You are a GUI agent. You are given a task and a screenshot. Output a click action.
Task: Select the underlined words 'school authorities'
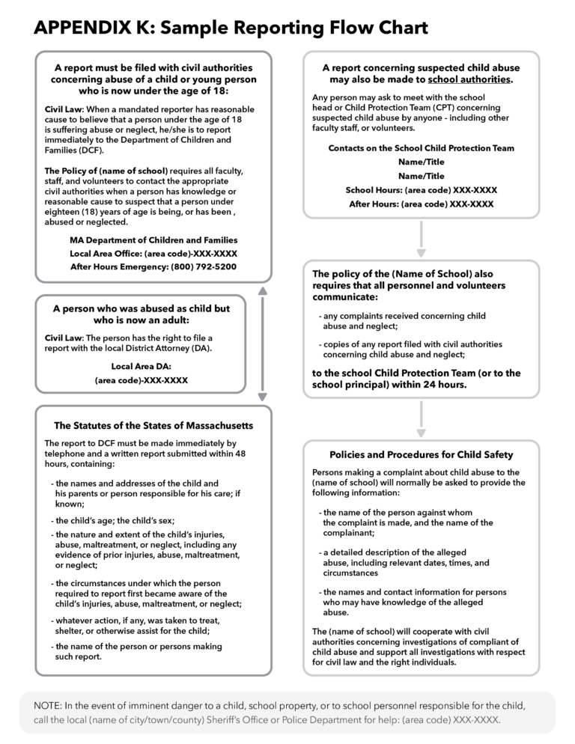tap(469, 79)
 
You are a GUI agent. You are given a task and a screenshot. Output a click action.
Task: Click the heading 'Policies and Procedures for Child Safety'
tap(421, 454)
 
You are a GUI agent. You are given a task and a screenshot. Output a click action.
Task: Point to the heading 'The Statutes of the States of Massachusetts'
tap(153, 425)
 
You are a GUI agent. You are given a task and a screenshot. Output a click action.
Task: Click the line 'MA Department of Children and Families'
tap(153, 240)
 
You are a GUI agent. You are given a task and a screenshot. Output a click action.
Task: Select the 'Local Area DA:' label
tap(141, 366)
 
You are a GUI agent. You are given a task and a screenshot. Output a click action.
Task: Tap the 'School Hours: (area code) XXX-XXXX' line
tap(421, 190)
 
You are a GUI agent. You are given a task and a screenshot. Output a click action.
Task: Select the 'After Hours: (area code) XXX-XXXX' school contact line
tap(421, 204)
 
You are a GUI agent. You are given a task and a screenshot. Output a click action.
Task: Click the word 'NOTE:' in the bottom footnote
tap(49, 706)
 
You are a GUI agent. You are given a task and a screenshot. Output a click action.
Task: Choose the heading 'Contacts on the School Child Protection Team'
tap(421, 148)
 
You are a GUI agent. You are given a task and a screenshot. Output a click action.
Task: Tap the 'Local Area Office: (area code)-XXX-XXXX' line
tap(153, 254)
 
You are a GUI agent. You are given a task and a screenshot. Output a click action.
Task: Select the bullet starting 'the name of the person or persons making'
tap(138, 646)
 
